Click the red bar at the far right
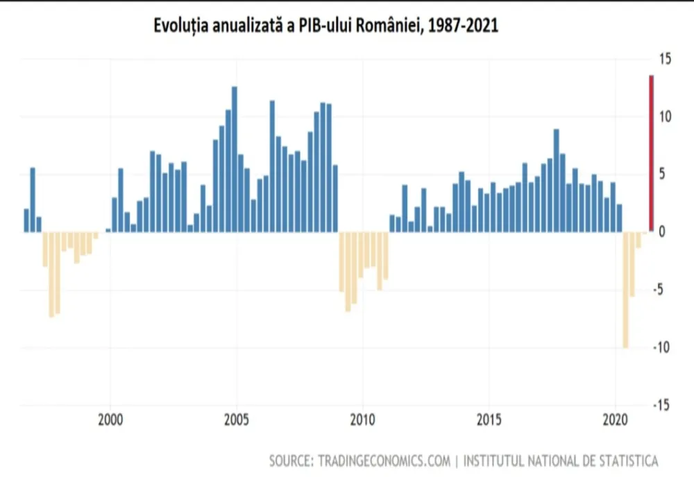(x=651, y=153)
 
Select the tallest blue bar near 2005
(x=234, y=159)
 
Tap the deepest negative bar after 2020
(x=625, y=290)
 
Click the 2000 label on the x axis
(x=110, y=419)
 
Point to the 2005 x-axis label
(x=237, y=419)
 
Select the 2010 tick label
(x=362, y=419)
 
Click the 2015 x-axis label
(x=489, y=419)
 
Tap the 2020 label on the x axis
(x=615, y=419)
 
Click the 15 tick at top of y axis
(x=665, y=59)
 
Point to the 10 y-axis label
(x=665, y=116)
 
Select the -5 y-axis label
(x=658, y=290)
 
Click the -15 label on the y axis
(x=661, y=406)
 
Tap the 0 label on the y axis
(x=661, y=232)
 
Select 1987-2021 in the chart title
(x=463, y=26)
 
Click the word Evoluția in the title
(x=180, y=26)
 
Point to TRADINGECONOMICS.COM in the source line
(x=384, y=461)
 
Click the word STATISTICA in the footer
(x=629, y=461)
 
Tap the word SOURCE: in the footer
(x=291, y=461)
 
